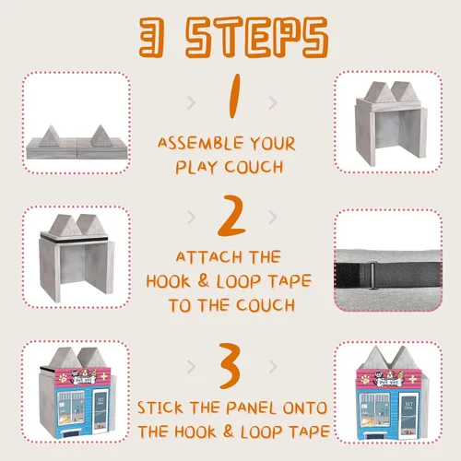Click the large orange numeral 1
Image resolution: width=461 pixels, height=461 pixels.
235,96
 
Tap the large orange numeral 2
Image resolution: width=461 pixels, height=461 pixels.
232,216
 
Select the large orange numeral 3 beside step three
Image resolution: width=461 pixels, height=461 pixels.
230,366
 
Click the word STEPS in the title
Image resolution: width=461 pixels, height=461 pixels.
257,38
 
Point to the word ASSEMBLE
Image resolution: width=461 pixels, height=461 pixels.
200,143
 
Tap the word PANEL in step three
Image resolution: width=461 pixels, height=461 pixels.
251,408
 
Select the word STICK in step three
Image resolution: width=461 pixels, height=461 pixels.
160,408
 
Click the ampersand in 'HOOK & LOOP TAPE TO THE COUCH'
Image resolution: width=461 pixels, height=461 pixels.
203,280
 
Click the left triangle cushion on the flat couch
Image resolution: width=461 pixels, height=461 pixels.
49,136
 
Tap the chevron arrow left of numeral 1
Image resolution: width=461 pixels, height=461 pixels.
191,103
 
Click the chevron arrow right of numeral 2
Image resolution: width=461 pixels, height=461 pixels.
273,218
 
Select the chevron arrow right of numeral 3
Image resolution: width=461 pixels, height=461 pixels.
273,366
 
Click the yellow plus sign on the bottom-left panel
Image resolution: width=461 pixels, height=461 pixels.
104,376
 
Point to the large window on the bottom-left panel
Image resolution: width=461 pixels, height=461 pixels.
70,408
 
